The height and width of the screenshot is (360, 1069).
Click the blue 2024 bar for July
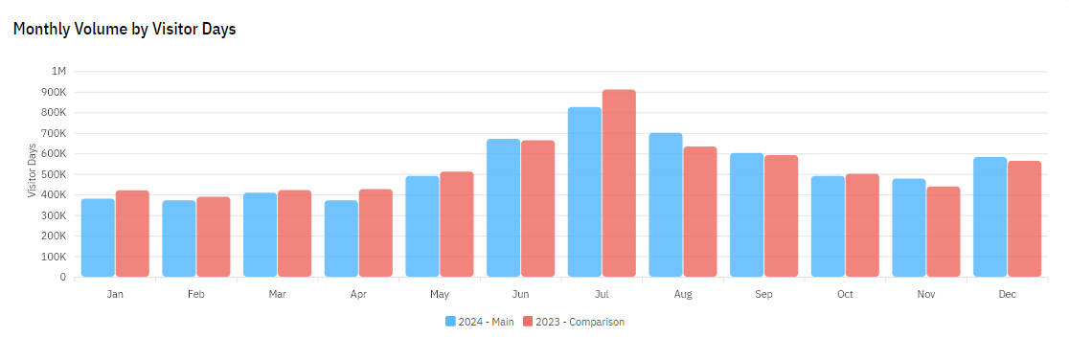coord(584,191)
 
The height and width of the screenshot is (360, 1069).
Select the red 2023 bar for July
coord(619,183)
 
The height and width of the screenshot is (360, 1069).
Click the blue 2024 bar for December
coord(989,216)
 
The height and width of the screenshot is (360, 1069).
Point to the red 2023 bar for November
coord(944,232)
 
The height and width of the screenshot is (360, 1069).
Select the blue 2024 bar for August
coord(666,205)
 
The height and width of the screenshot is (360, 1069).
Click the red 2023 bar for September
coord(781,215)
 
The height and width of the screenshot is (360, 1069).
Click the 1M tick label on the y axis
coord(58,72)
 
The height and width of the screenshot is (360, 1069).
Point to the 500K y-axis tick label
coord(54,174)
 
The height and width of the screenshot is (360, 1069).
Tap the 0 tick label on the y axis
coord(63,278)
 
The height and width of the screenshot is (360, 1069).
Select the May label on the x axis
coord(440,294)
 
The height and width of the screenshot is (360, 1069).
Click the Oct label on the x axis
coord(845,294)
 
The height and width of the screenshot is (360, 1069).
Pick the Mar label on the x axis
coord(278,294)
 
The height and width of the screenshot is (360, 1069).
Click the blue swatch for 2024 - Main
coord(450,322)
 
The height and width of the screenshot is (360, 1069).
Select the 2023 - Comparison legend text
coord(580,322)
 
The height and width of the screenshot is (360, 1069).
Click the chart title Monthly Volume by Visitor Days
coord(125,29)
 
